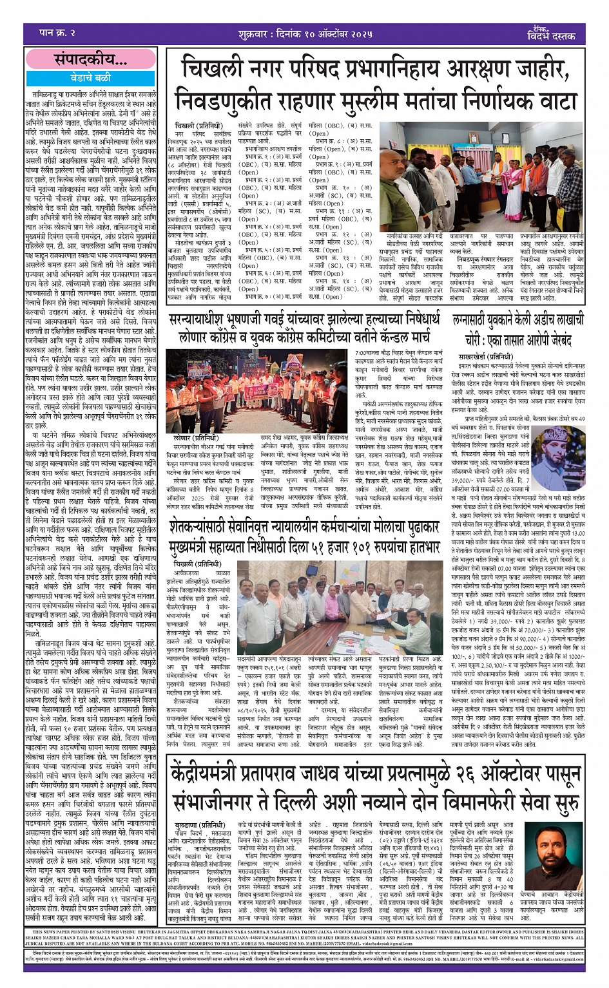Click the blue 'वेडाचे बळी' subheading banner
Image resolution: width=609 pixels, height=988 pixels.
tap(90, 77)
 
